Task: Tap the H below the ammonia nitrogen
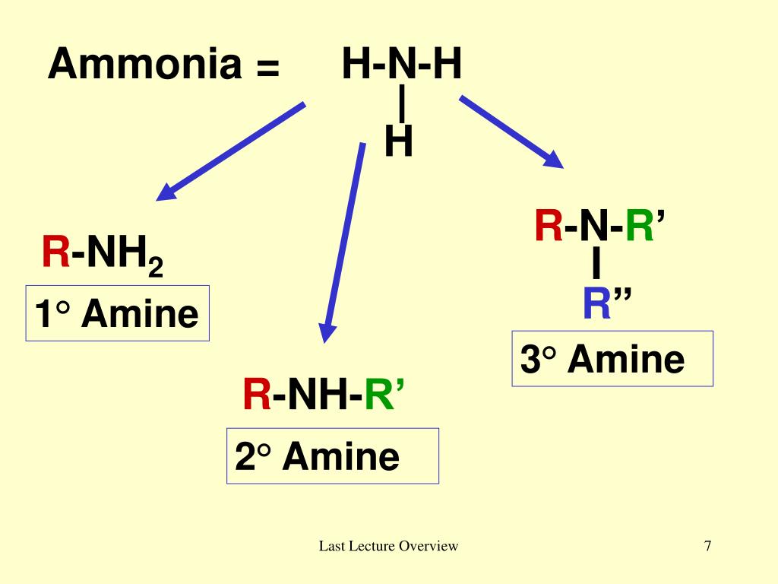pyautogui.click(x=399, y=141)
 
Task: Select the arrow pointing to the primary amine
pyautogui.click(x=231, y=151)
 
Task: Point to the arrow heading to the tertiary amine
pyautogui.click(x=511, y=131)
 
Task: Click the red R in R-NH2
pyautogui.click(x=55, y=252)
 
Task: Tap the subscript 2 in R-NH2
pyautogui.click(x=156, y=268)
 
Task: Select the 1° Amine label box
pyautogui.click(x=117, y=313)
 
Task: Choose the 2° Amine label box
pyautogui.click(x=332, y=456)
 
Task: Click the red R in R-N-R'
pyautogui.click(x=549, y=227)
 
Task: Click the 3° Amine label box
pyautogui.click(x=612, y=359)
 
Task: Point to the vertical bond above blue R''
pyautogui.click(x=596, y=265)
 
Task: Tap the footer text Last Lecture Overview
pyautogui.click(x=388, y=545)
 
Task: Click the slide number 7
pyautogui.click(x=707, y=545)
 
